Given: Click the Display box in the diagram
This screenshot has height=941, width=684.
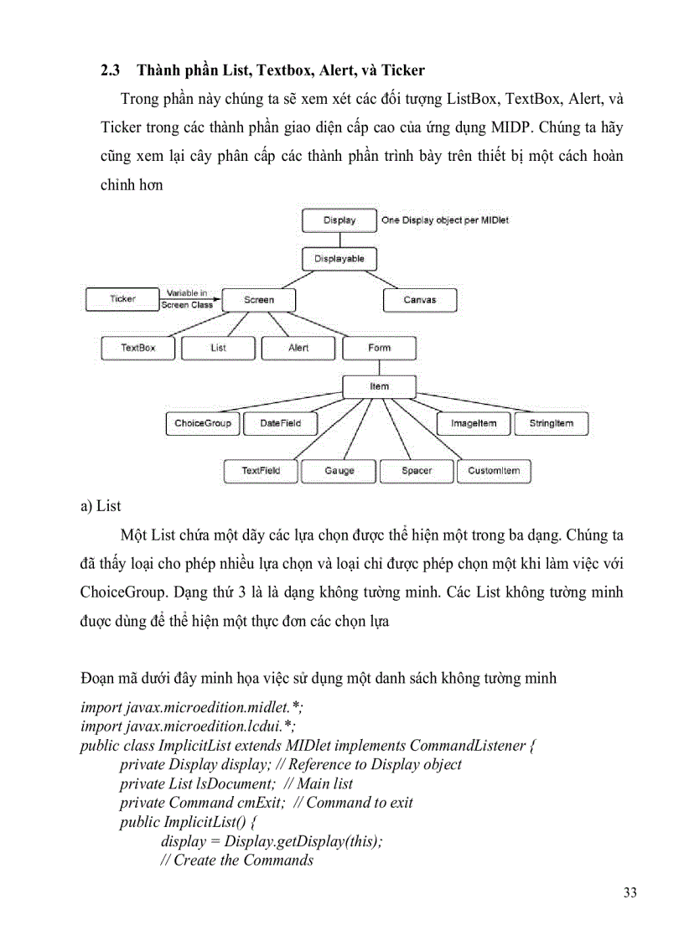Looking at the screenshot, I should tap(339, 220).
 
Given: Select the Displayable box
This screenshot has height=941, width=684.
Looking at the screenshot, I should tap(339, 259).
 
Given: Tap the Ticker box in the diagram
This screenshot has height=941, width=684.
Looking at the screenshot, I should tap(122, 299).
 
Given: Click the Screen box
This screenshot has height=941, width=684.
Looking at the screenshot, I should tap(258, 300).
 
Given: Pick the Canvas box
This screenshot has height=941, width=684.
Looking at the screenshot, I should tap(419, 300).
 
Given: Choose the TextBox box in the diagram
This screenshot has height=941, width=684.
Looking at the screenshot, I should tap(137, 348).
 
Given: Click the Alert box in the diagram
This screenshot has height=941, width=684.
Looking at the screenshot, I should tap(298, 348).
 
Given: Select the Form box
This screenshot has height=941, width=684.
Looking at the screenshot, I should tap(379, 348).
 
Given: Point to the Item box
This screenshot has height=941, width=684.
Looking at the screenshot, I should tap(379, 386).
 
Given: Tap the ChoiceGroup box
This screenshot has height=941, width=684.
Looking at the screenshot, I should tap(202, 423).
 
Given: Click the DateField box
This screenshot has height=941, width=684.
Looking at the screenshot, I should tap(280, 423).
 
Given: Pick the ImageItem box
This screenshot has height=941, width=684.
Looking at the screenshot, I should tap(473, 423).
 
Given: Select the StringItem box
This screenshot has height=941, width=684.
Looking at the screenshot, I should tap(551, 423).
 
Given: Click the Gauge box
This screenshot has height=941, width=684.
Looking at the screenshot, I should tap(339, 471).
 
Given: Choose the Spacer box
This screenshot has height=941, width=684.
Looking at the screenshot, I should tap(417, 471).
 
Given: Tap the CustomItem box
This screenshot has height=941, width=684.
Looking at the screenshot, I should tap(494, 471).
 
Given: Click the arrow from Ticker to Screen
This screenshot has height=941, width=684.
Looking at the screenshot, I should tap(189, 299).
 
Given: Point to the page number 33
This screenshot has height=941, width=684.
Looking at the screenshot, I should tap(630, 892).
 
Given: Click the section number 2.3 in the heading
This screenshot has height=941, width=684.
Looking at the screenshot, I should tap(111, 70).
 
